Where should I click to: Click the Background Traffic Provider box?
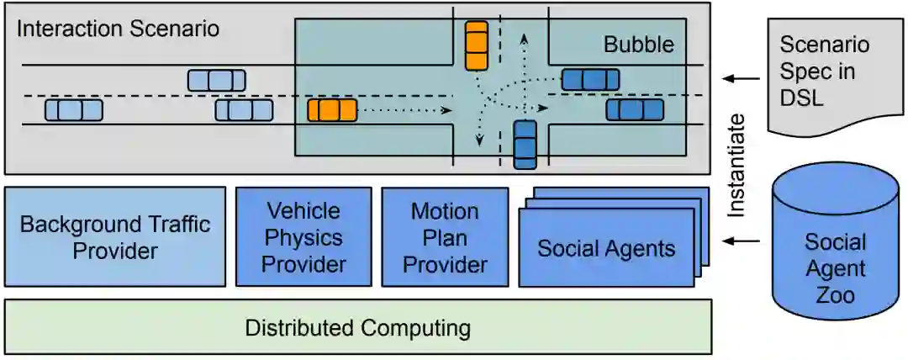(115, 237)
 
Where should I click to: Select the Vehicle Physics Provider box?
(303, 237)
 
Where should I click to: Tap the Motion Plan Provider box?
(445, 237)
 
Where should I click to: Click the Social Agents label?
(606, 248)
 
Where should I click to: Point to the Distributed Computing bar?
(357, 327)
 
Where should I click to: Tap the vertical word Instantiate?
(736, 165)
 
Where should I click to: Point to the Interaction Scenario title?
(118, 29)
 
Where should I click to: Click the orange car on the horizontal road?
(332, 110)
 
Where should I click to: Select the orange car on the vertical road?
(477, 45)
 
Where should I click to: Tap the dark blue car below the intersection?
(525, 144)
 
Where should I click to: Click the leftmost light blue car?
(73, 110)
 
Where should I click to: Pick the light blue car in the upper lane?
(216, 80)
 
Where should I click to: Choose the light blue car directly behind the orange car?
(244, 110)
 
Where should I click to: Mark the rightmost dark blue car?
(635, 109)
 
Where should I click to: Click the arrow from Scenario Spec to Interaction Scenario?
(741, 78)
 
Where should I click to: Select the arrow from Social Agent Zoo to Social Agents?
(741, 241)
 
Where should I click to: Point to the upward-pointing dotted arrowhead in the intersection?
(525, 38)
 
